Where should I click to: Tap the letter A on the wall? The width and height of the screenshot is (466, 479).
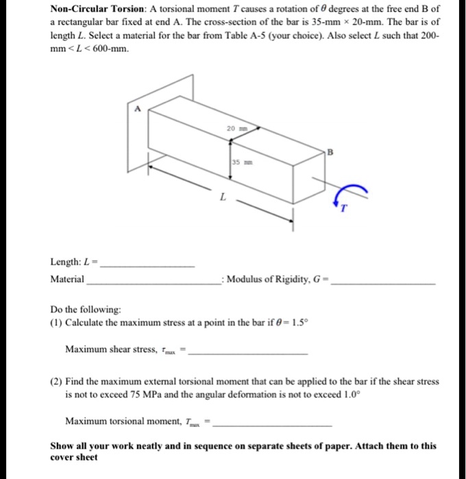coord(137,108)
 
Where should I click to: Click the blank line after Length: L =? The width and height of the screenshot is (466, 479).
coord(147,265)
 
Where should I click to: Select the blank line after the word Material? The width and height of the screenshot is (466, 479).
coord(152,283)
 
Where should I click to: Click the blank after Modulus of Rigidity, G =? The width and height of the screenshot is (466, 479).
coord(383,283)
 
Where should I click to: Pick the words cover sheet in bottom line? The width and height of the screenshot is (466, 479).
coord(74,457)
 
